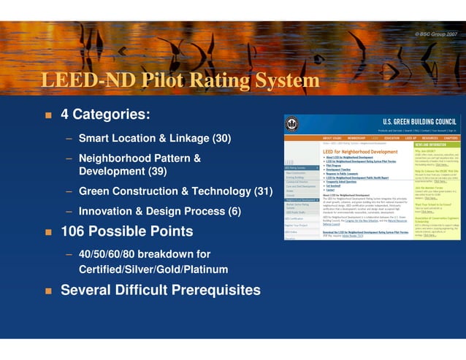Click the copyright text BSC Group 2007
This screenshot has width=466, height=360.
click(x=436, y=34)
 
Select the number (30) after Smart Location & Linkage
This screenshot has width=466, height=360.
click(x=221, y=138)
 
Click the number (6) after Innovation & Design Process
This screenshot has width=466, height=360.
click(x=234, y=211)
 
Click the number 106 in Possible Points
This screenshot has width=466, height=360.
click(x=75, y=231)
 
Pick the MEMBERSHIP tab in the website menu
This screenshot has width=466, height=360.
click(x=356, y=137)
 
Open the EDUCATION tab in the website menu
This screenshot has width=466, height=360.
click(x=392, y=137)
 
